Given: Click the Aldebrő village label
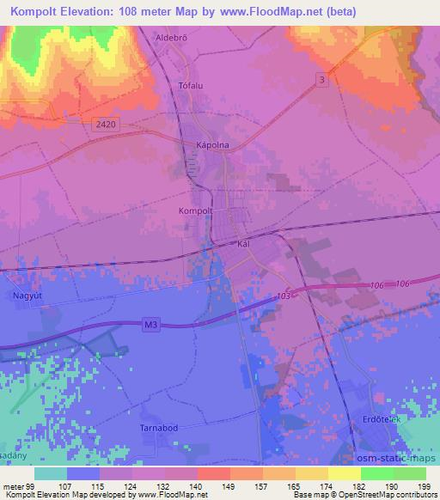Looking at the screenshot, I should click(x=170, y=37).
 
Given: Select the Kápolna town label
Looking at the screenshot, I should click(x=212, y=145).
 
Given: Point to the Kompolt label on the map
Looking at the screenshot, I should click(x=195, y=210).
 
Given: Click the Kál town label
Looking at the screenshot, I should click(x=243, y=244).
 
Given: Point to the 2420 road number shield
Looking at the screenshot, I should click(x=105, y=124).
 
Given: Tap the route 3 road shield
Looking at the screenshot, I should click(x=321, y=79).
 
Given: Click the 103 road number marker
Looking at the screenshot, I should click(x=285, y=295).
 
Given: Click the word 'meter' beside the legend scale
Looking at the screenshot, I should click(x=10, y=486).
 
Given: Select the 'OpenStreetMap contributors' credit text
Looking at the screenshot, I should click(x=389, y=495).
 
